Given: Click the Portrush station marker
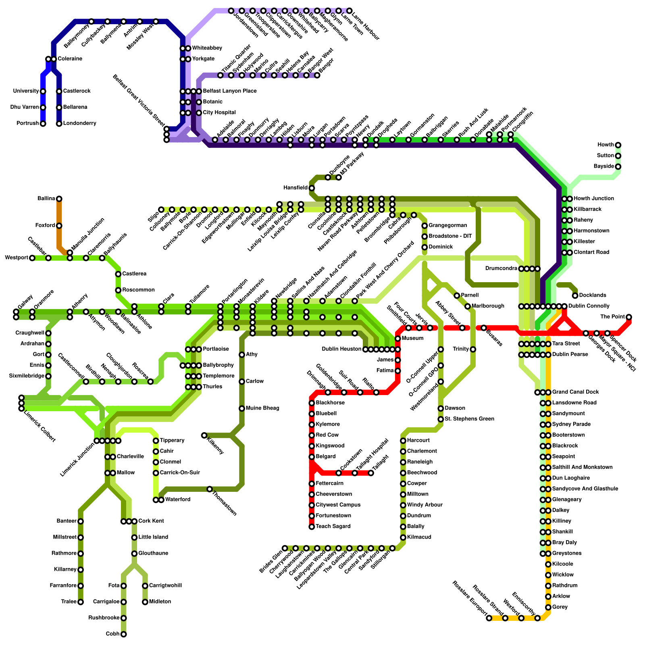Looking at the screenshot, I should point(43,124).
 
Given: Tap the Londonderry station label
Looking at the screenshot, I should point(79,123).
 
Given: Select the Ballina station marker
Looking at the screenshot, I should point(59,199).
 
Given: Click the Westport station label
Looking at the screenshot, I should point(17,258).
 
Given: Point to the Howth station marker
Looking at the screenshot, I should point(618,145).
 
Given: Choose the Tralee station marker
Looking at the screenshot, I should point(81,602).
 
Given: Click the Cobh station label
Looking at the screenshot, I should point(113,634).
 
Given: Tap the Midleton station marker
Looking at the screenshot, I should point(145,602).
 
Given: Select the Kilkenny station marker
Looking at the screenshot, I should point(204,435).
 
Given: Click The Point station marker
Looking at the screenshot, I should point(629,317).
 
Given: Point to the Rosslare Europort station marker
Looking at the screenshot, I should point(489,618).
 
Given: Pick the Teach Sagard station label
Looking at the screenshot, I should point(333,526).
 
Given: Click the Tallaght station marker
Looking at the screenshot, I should point(371,473).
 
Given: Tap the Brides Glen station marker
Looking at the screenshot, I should point(285,548).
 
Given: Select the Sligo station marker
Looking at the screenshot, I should point(161,210).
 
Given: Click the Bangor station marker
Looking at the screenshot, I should point(317,75).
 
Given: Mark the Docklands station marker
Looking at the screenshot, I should point(575,295).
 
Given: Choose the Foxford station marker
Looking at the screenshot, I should point(59,226).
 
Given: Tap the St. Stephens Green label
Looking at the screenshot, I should point(469,419).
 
